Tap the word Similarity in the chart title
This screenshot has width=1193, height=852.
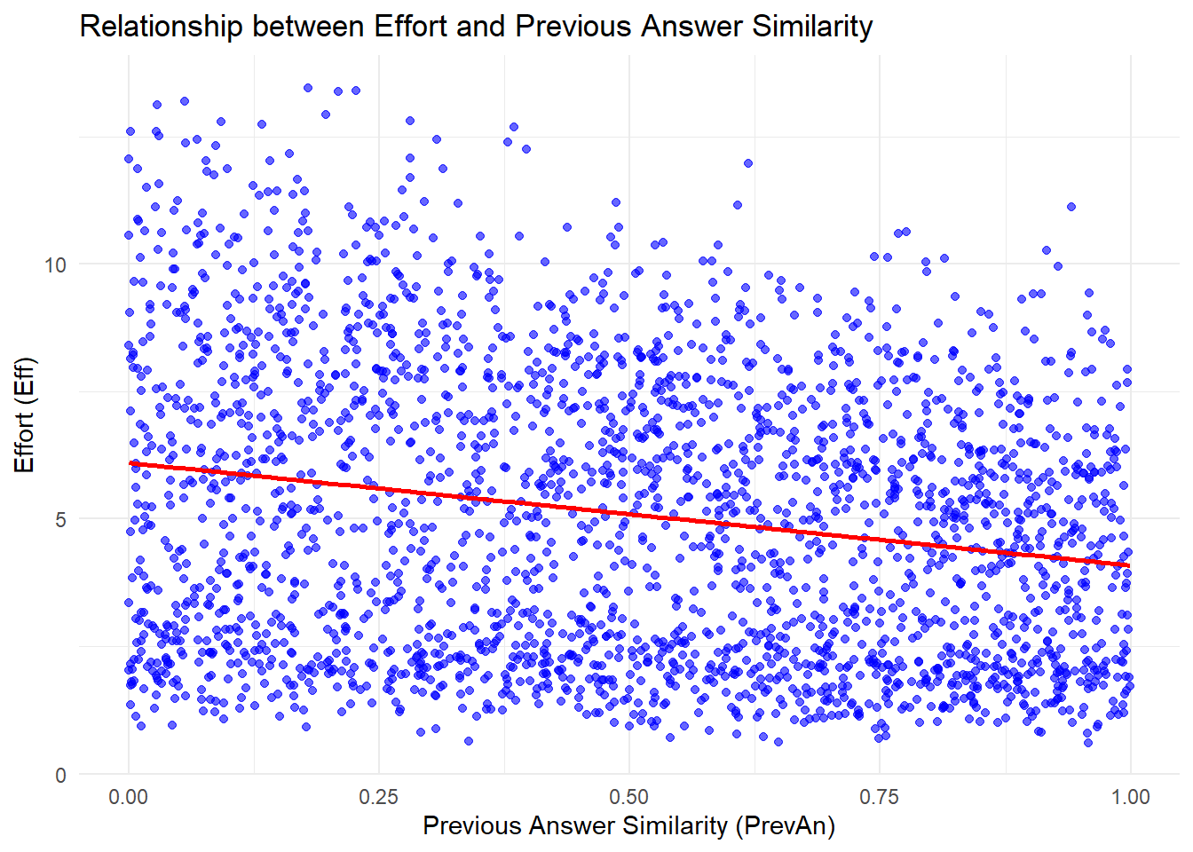point(812,27)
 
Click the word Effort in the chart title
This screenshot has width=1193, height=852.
point(411,27)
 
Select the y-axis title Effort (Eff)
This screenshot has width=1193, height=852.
point(24,414)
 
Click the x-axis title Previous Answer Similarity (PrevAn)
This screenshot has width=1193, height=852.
point(628,825)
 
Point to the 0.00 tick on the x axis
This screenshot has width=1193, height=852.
point(129,797)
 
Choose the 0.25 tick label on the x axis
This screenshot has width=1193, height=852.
point(379,797)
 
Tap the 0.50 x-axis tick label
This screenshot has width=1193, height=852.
point(629,797)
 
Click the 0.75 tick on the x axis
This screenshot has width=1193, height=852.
point(880,797)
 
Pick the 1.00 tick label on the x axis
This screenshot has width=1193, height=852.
point(1130,797)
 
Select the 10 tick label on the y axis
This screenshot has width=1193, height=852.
point(55,264)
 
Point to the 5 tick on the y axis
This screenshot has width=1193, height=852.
point(60,520)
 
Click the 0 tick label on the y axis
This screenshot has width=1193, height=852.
point(60,775)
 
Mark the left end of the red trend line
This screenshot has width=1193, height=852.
point(130,463)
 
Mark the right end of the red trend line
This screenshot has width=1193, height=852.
point(1130,565)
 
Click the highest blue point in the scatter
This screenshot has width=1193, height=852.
point(308,88)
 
